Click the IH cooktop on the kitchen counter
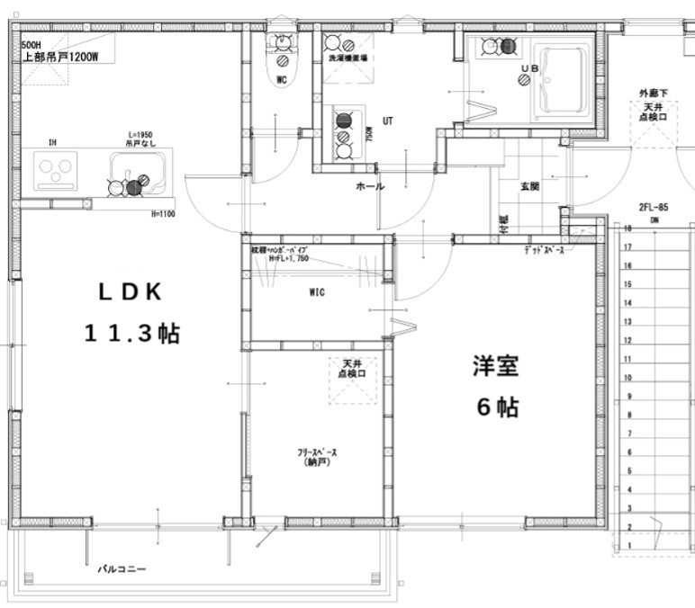click(56, 168)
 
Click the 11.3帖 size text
click(131, 334)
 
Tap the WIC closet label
click(316, 291)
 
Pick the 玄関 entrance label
click(529, 186)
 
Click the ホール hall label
click(370, 186)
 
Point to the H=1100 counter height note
click(162, 214)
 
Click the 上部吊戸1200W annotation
click(59, 56)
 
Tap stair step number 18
click(627, 229)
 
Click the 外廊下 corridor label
click(653, 93)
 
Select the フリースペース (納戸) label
click(318, 458)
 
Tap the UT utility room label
click(388, 120)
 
